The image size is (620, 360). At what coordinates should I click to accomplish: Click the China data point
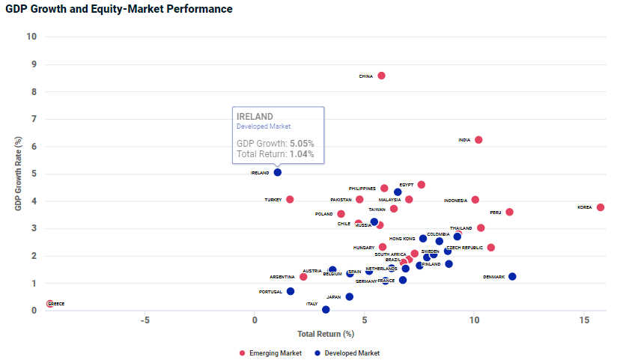[x=381, y=76]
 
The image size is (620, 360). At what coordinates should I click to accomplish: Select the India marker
[x=478, y=140]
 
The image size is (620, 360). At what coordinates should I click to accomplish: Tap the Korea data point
[x=601, y=207]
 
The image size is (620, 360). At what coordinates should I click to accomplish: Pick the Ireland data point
[x=278, y=172]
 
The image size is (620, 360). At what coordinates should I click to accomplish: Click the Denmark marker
[x=512, y=277]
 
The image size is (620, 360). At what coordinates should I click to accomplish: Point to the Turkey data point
[x=290, y=200]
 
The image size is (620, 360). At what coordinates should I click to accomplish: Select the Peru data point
[x=510, y=212]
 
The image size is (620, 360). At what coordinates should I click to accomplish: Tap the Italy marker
[x=326, y=309]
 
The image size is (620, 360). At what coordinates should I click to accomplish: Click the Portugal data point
[x=291, y=291]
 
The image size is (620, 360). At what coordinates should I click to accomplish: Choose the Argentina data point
[x=303, y=277]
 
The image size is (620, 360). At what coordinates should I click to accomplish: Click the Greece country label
[x=57, y=304]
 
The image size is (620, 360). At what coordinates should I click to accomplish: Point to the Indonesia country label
[x=455, y=200]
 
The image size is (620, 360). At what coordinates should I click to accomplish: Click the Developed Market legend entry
[x=347, y=353]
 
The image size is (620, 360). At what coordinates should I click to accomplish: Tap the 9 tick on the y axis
[x=32, y=64]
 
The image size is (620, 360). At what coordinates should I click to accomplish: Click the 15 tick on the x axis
[x=584, y=320]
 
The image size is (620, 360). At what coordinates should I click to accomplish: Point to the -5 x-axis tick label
[x=145, y=320]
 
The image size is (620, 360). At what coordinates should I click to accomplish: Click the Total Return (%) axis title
[x=326, y=333]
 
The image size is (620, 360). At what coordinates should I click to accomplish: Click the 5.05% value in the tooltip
[x=302, y=143]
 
